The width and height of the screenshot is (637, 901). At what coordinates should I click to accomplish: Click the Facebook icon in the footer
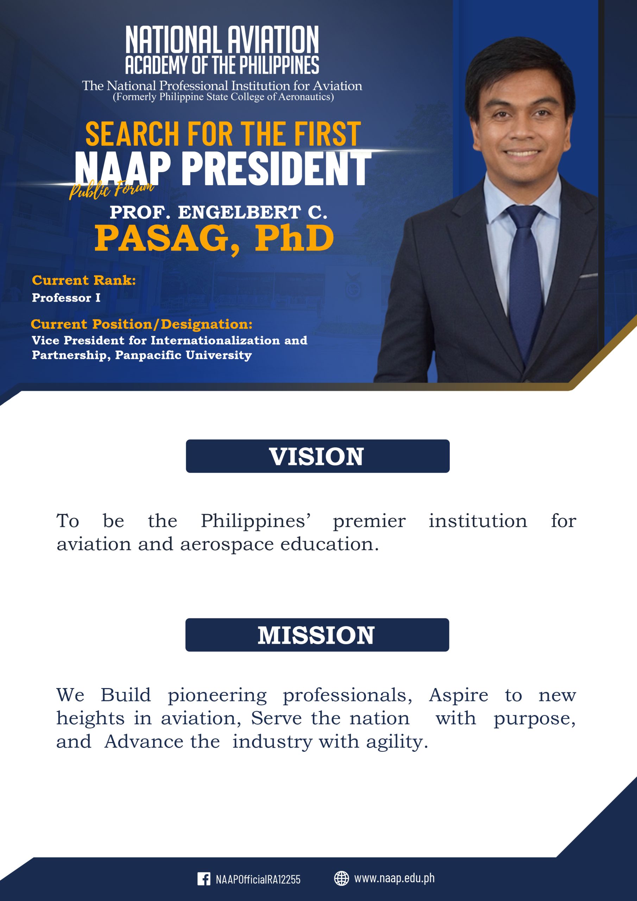tap(204, 878)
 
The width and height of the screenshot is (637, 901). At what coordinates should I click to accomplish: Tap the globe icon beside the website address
tap(341, 878)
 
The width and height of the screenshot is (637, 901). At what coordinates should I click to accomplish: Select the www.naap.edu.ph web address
tap(395, 878)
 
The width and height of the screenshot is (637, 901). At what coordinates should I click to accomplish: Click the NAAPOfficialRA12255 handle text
tap(258, 880)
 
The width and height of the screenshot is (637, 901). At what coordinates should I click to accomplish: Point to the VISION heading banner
tap(317, 456)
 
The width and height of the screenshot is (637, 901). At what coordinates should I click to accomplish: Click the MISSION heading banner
tap(317, 635)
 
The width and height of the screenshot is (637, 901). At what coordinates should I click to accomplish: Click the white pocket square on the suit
tap(588, 276)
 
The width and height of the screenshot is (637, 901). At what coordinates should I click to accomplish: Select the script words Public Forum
tap(112, 189)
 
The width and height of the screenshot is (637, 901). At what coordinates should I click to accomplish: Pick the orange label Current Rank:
tap(84, 280)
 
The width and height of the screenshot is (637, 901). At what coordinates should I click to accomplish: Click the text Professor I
tap(66, 298)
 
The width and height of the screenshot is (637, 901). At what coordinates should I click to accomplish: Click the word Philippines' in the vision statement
tap(256, 521)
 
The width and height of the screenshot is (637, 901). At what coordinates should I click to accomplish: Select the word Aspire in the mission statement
tap(459, 695)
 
